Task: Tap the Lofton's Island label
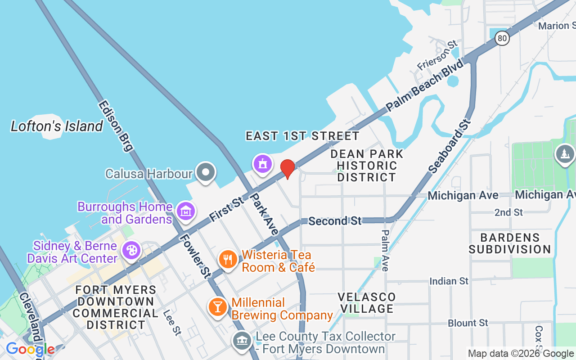click(x=57, y=126)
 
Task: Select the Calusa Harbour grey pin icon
click(x=206, y=172)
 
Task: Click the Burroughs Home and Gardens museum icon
click(x=185, y=211)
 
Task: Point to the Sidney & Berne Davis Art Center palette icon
click(x=131, y=251)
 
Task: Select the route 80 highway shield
click(x=502, y=38)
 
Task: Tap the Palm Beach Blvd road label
click(x=425, y=85)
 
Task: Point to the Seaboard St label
click(x=450, y=146)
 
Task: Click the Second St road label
click(x=335, y=221)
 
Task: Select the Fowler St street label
click(x=196, y=255)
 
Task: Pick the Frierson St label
click(x=437, y=55)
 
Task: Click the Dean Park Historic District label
click(x=366, y=166)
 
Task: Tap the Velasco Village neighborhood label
click(x=367, y=302)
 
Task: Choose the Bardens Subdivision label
click(x=509, y=243)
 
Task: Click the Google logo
click(x=30, y=349)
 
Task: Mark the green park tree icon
click(x=564, y=154)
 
